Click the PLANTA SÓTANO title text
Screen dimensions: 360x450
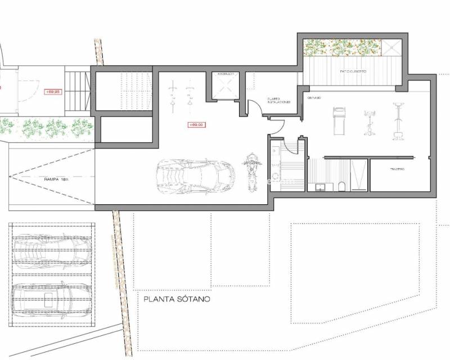tap(177, 299)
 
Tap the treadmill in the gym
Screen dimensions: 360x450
tap(339, 120)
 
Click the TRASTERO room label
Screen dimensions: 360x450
tap(398, 169)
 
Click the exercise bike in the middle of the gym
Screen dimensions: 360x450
tap(370, 123)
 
